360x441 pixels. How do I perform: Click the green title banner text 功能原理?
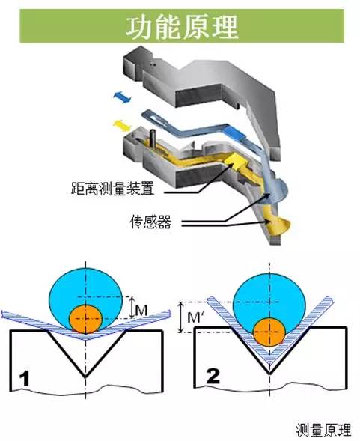[182, 27]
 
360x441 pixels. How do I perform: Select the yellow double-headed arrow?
[121, 126]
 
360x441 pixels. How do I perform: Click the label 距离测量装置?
[113, 188]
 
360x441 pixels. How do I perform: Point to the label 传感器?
[150, 222]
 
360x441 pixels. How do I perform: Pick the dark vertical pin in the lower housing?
[153, 138]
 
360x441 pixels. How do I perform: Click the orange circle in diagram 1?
[85, 319]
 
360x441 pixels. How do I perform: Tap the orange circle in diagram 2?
[269, 333]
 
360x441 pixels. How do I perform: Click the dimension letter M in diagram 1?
[141, 311]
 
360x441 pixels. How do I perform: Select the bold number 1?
[24, 379]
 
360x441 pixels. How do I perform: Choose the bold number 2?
[213, 376]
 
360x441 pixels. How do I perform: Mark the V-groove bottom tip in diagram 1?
[85, 377]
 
